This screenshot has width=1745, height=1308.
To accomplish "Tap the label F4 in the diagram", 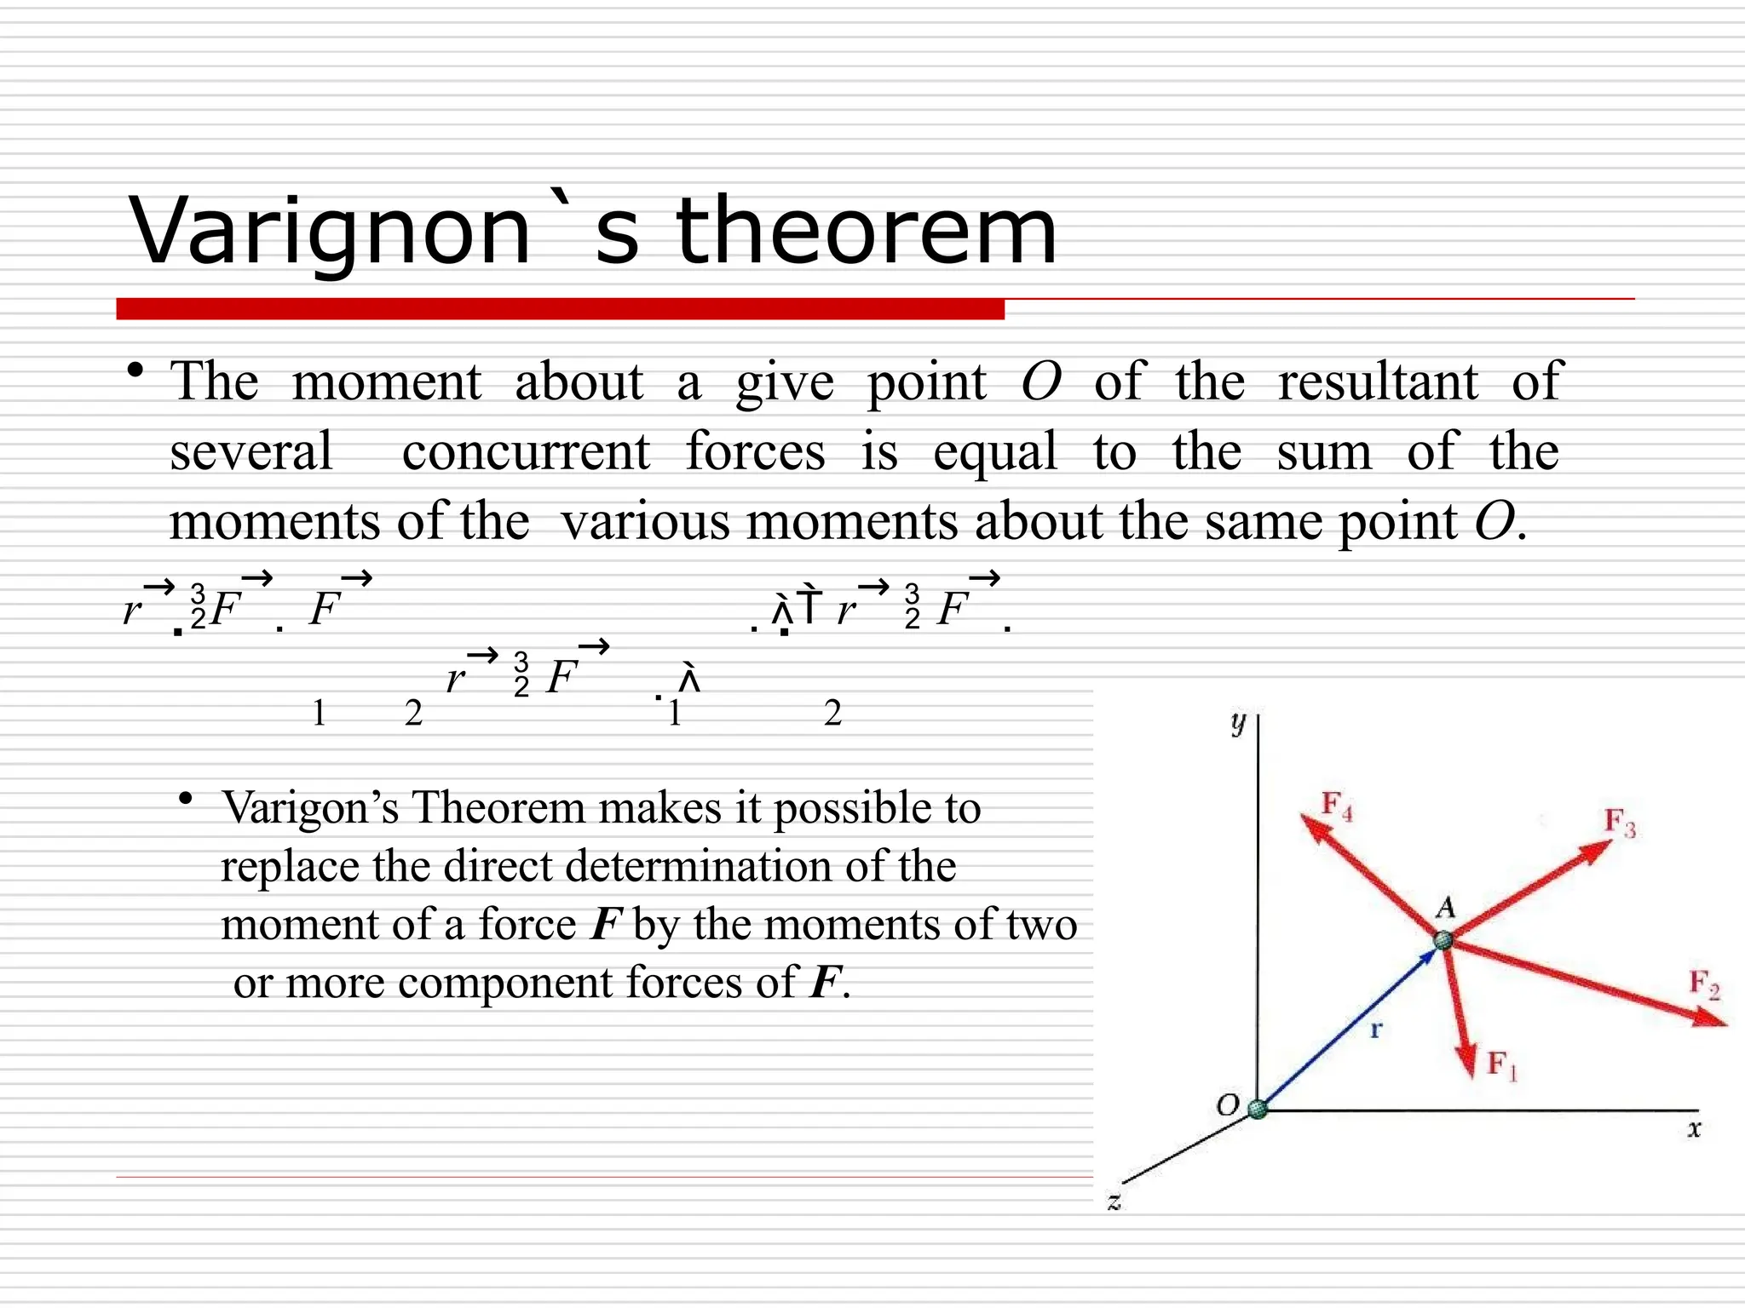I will (x=1336, y=805).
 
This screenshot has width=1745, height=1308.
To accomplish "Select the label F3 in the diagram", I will (x=1619, y=823).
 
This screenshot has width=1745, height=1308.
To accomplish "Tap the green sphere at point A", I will (x=1443, y=940).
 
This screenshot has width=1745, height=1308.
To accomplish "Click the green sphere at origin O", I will (x=1258, y=1109).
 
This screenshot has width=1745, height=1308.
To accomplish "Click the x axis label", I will (x=1694, y=1129).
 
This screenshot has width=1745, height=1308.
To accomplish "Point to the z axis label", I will (x=1114, y=1202).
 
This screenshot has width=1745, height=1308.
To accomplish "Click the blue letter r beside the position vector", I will (x=1375, y=1030).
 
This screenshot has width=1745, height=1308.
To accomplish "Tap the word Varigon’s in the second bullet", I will (x=310, y=807).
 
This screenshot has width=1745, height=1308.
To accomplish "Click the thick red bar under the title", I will (x=560, y=309).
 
